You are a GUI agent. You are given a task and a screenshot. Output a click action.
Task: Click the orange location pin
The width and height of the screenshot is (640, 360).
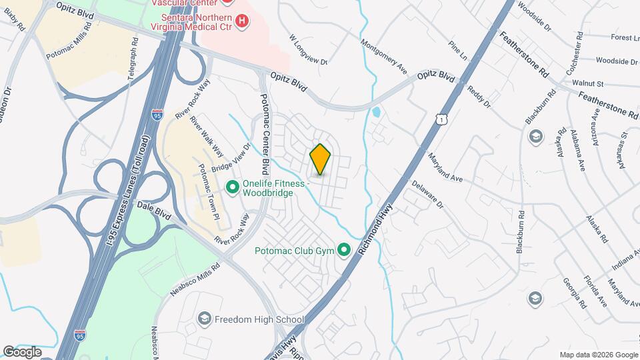(x=321, y=159)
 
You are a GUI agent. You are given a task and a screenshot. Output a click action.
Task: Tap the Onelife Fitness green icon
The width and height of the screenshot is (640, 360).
(x=233, y=188)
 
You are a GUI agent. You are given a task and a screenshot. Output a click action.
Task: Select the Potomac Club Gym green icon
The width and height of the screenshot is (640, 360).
(x=344, y=251)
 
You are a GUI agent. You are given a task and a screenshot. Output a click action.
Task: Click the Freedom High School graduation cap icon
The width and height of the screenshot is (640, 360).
(x=204, y=319)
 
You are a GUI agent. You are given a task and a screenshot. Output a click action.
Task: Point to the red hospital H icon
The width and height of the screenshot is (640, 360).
(x=242, y=21)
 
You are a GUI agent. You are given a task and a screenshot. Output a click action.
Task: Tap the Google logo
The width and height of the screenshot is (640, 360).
(x=22, y=351)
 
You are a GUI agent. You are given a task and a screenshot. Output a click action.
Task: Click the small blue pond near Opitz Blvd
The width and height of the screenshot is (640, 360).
(x=376, y=112)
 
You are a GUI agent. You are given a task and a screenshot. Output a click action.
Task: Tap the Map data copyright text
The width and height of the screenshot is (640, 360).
(x=598, y=354)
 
